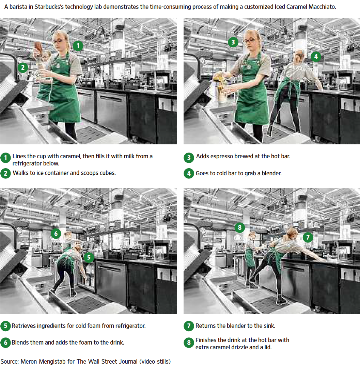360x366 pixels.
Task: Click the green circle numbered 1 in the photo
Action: [78, 46]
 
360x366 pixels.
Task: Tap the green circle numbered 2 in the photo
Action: [23, 68]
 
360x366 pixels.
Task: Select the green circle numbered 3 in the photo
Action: [233, 42]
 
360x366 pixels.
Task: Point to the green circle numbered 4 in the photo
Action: [316, 57]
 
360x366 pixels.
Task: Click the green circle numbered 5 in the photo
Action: [89, 257]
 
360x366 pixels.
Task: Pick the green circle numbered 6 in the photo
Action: [56, 234]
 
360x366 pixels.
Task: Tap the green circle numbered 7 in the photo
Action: [308, 238]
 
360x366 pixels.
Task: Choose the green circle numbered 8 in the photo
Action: [239, 227]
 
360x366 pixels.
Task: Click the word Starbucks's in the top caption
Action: [49, 7]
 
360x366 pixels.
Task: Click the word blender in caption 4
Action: [271, 173]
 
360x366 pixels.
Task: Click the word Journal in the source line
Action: [128, 362]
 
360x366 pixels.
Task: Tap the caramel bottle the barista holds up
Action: [38, 47]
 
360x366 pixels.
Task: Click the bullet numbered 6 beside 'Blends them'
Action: [5, 343]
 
